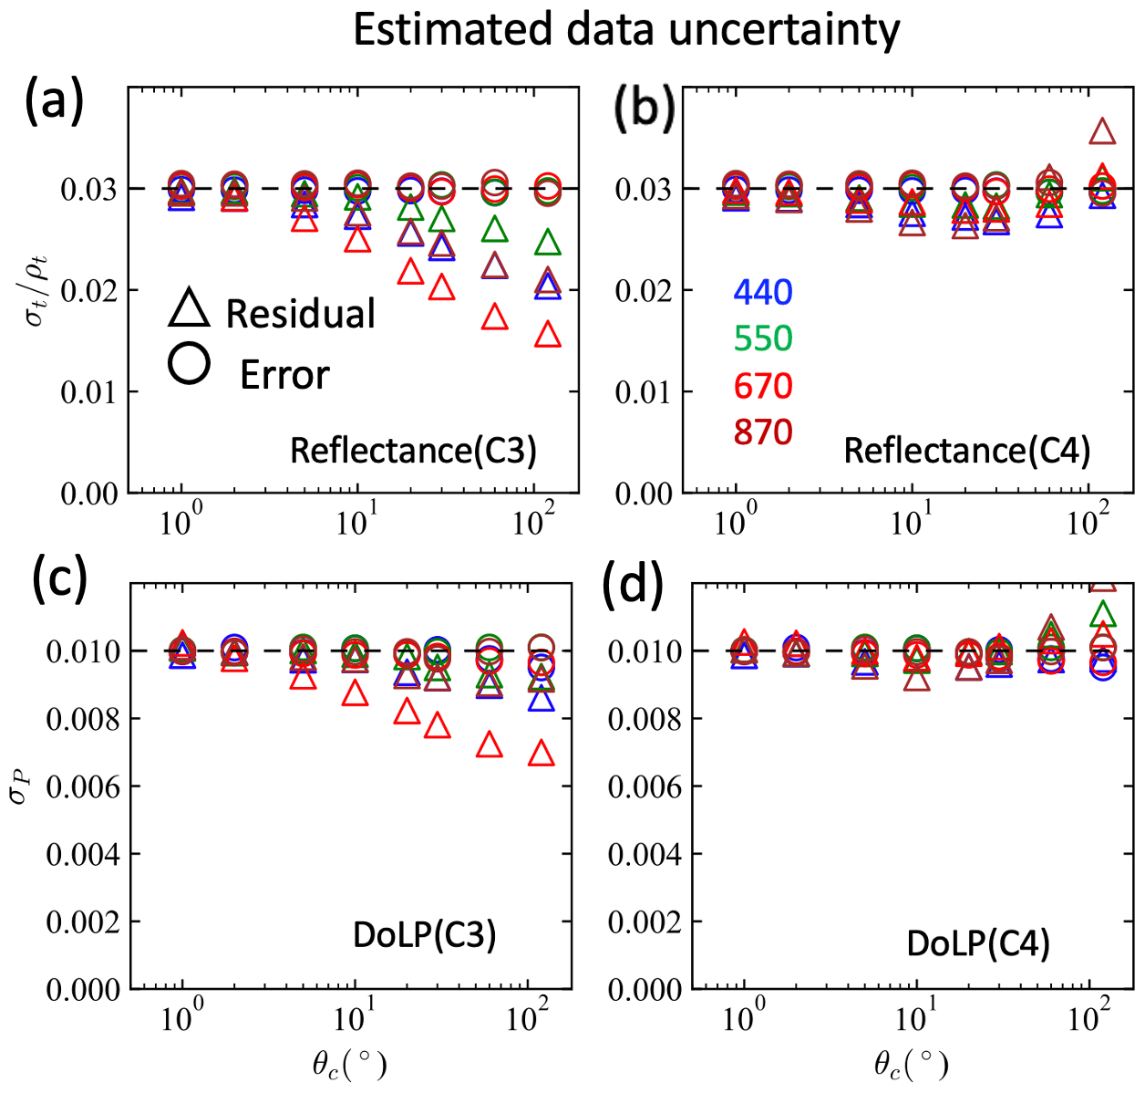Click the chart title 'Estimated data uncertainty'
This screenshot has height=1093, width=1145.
point(626,31)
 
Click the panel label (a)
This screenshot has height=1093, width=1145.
point(54,101)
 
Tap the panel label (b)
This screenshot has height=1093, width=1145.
point(644,109)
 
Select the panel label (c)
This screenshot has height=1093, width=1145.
point(59,578)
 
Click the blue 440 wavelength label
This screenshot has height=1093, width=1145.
point(763,292)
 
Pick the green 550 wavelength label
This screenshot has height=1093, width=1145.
point(763,338)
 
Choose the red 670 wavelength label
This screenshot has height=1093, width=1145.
point(763,386)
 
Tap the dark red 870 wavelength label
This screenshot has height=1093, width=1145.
point(763,432)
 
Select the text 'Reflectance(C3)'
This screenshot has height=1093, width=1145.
point(413,451)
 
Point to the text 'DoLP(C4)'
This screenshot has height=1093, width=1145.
point(978,943)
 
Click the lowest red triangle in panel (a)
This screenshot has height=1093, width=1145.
point(548,336)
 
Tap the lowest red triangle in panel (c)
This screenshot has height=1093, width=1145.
point(542,754)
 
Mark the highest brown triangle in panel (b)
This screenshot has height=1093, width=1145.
point(1102,132)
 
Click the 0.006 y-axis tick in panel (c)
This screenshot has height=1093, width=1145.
point(83,786)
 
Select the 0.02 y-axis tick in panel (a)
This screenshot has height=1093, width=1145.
point(89,291)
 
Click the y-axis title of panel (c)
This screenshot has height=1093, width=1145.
point(19,786)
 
